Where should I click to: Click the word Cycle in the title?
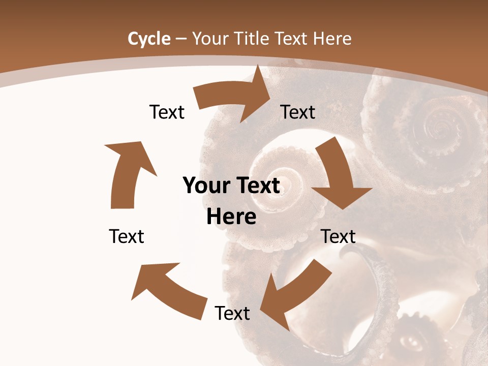click(x=149, y=39)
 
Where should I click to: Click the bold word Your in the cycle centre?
click(x=205, y=186)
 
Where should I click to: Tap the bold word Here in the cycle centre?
click(x=231, y=217)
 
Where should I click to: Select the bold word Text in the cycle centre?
click(x=256, y=186)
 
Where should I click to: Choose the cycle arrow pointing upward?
click(x=127, y=173)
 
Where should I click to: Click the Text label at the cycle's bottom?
click(x=232, y=313)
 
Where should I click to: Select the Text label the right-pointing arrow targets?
click(x=298, y=112)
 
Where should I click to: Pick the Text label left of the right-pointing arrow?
click(x=167, y=112)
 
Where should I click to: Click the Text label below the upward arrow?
click(x=127, y=236)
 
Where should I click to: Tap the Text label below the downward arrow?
click(x=338, y=236)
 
